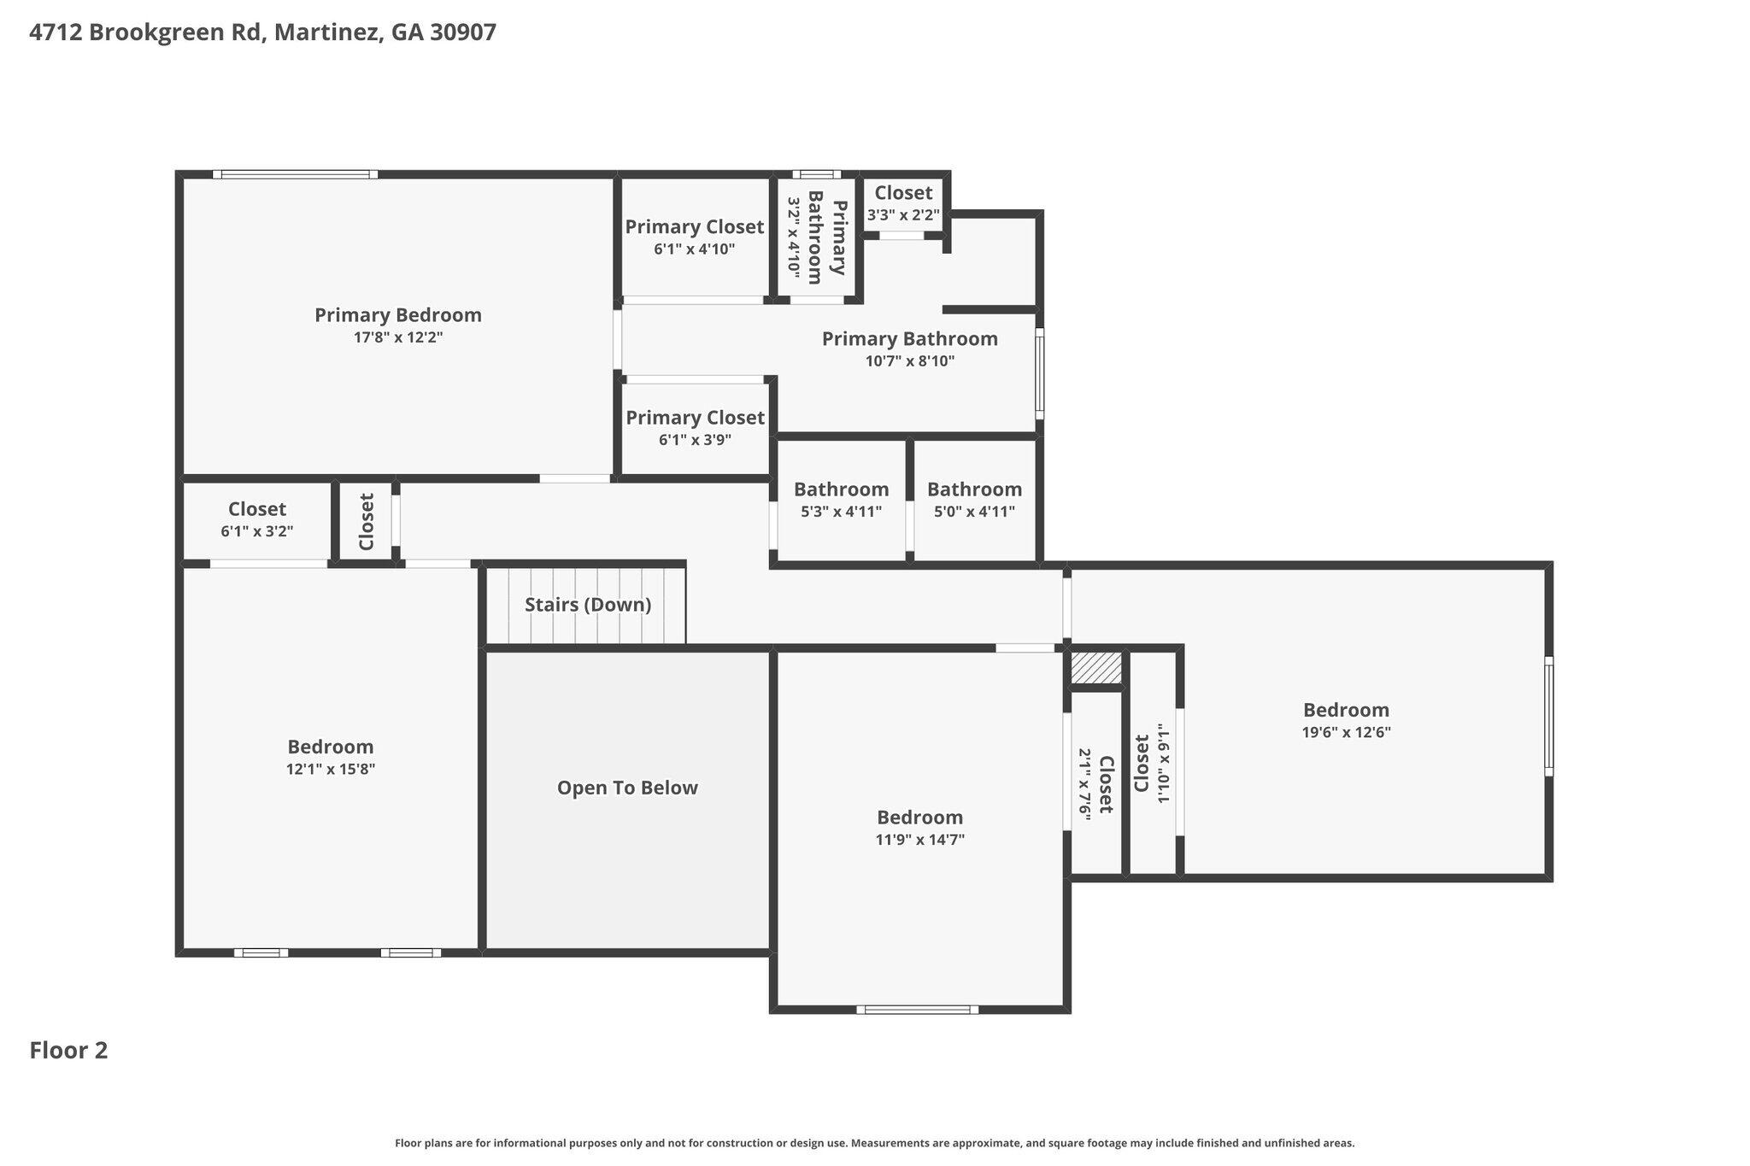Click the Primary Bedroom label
(398, 315)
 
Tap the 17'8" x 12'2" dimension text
(398, 337)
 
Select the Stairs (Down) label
(588, 605)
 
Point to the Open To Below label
(627, 788)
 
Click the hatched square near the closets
(1096, 668)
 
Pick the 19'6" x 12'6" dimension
(1346, 732)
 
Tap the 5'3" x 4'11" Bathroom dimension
(842, 512)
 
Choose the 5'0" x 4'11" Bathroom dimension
(974, 512)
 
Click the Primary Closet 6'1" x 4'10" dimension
(694, 249)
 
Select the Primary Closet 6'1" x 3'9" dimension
(695, 440)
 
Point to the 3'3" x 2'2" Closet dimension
(903, 215)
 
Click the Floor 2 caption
(68, 1051)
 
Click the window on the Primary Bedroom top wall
(296, 174)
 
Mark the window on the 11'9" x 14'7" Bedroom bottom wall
(918, 1010)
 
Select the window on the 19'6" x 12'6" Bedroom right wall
(1548, 716)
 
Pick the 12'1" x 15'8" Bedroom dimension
(331, 769)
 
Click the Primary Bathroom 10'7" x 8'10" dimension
(910, 361)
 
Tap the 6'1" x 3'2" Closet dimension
(257, 531)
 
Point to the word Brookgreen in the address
(175, 32)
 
